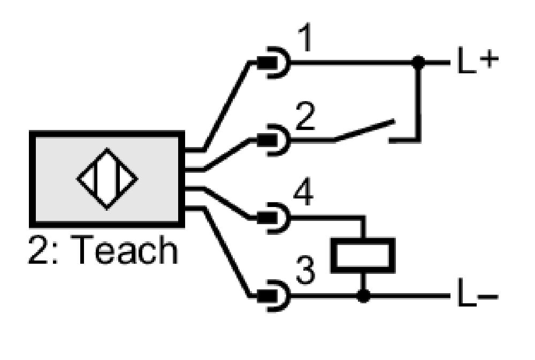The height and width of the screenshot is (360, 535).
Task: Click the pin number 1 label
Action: pos(305,37)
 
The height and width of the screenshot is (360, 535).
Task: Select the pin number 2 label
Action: pos(305,116)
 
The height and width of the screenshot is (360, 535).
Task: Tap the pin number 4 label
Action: pos(303,193)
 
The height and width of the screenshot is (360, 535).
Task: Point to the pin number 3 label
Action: pos(305,270)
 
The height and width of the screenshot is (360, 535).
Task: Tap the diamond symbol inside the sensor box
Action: pos(107,179)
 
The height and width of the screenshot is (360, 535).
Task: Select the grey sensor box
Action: pos(107,179)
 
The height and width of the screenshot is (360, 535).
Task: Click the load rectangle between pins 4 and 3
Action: pos(363,255)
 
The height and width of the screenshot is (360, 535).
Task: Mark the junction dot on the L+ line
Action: pos(418,63)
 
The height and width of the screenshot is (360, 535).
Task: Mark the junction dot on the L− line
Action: pos(363,296)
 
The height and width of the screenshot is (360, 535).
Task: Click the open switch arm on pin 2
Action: pos(364,130)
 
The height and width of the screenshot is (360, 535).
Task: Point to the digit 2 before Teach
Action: pos(38,249)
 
